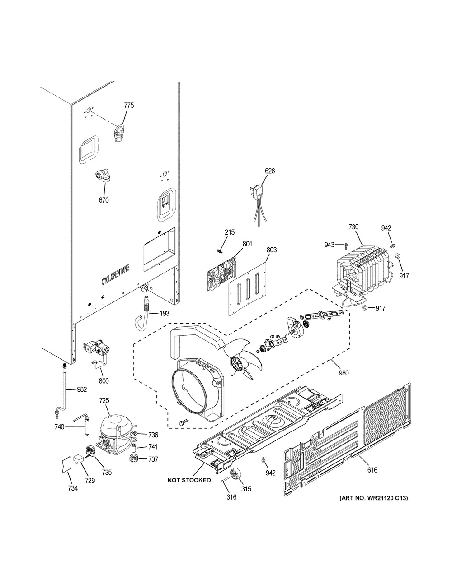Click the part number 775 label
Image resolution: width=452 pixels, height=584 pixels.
pyautogui.click(x=129, y=106)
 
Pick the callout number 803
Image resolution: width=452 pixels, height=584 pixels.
pyautogui.click(x=272, y=250)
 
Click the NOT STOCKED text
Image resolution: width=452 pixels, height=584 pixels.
pyautogui.click(x=189, y=480)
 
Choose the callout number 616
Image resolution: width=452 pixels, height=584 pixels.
pyautogui.click(x=372, y=470)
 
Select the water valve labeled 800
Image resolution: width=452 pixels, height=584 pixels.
pyautogui.click(x=97, y=350)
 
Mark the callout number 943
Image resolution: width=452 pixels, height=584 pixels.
pyautogui.click(x=329, y=245)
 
